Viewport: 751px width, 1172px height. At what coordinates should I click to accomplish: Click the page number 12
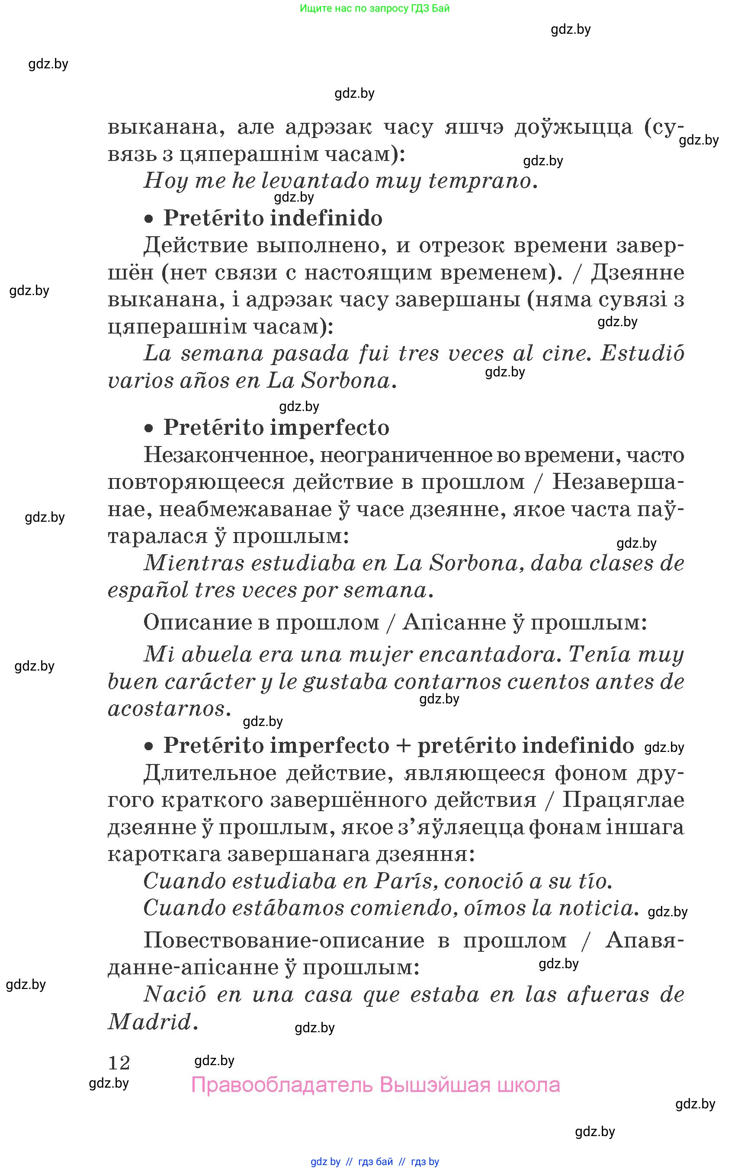point(119,1062)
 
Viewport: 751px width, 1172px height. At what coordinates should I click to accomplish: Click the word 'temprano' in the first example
point(480,181)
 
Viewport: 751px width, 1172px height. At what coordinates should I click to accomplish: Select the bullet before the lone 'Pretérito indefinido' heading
point(149,219)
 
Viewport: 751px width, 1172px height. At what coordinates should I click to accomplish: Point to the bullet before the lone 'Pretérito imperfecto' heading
point(149,429)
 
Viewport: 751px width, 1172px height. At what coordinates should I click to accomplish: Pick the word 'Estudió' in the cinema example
point(642,353)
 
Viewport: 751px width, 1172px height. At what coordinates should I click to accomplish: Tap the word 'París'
point(403,881)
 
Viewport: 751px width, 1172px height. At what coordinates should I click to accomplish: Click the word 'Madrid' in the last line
point(150,1022)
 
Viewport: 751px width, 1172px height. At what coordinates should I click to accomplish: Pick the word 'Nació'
point(175,995)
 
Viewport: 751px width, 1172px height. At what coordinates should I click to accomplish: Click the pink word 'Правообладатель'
point(282,1085)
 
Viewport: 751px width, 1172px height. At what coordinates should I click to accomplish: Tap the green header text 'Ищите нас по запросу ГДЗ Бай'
point(375,8)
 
